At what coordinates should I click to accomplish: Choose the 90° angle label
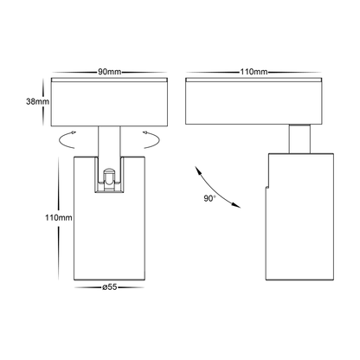pos(209,197)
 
